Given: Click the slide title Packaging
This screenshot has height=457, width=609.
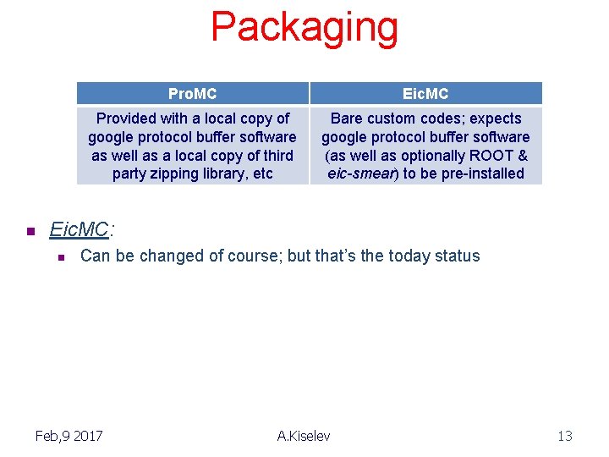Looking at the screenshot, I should click(x=304, y=27).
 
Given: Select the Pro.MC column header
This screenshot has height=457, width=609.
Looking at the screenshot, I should click(x=192, y=93).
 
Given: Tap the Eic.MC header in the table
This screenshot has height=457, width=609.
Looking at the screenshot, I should click(x=425, y=93).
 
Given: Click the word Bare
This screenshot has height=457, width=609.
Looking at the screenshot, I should click(x=348, y=118).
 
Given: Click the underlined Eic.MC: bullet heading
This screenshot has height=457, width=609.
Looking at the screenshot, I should click(x=80, y=229).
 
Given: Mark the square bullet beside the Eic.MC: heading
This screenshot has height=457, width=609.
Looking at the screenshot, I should click(x=30, y=231).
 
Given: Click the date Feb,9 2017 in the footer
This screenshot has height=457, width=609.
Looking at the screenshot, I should click(x=69, y=436).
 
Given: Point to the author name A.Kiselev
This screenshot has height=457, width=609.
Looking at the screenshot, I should click(x=304, y=436).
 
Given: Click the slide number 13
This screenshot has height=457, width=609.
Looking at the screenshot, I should click(x=564, y=436).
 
